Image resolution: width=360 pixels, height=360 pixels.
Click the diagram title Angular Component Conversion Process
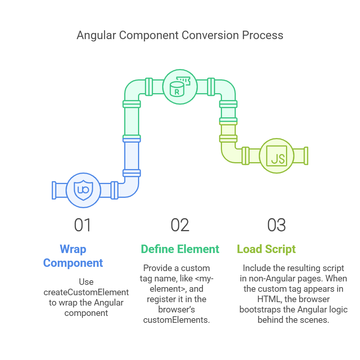pos(180,35)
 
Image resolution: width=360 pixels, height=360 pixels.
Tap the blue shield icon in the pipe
pos(83,190)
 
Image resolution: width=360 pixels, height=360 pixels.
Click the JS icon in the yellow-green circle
pos(277,156)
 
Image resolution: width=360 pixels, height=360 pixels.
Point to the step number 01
pos(83,225)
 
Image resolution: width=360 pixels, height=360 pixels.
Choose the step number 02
pos(180,225)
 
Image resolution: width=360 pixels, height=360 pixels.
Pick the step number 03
pos(276,225)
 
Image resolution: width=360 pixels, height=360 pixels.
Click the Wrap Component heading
pos(73,256)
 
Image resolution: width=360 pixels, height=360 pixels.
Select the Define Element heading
pos(180,249)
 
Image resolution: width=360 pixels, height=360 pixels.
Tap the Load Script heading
pos(266,249)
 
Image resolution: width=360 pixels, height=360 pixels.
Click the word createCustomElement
pos(86,292)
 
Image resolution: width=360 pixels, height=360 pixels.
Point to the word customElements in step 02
pos(176,320)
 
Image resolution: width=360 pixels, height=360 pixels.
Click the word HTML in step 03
pos(268,299)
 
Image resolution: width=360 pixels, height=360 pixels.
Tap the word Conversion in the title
pos(210,35)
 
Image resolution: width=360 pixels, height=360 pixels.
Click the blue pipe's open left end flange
pos(54,190)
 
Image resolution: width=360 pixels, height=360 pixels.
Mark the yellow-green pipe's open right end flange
pos(306,156)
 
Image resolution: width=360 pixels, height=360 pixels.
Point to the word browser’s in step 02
pos(177,309)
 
